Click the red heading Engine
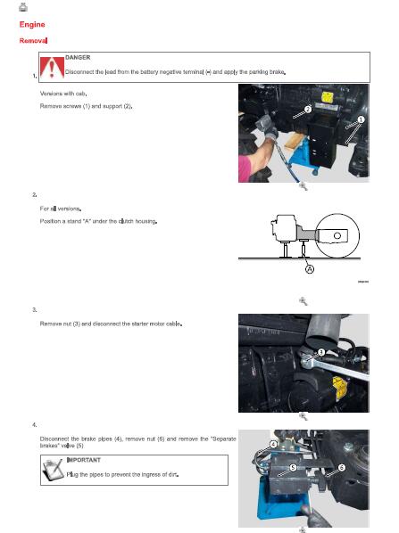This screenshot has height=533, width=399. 32,25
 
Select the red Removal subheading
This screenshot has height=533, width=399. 33,41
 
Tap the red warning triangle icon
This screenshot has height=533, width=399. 56,65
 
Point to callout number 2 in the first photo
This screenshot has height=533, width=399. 306,110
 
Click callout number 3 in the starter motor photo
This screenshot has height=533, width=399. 320,352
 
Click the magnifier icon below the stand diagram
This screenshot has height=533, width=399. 303,301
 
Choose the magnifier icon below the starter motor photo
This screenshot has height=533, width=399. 303,415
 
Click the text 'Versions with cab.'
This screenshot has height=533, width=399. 64,92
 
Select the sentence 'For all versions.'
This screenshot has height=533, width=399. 62,207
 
